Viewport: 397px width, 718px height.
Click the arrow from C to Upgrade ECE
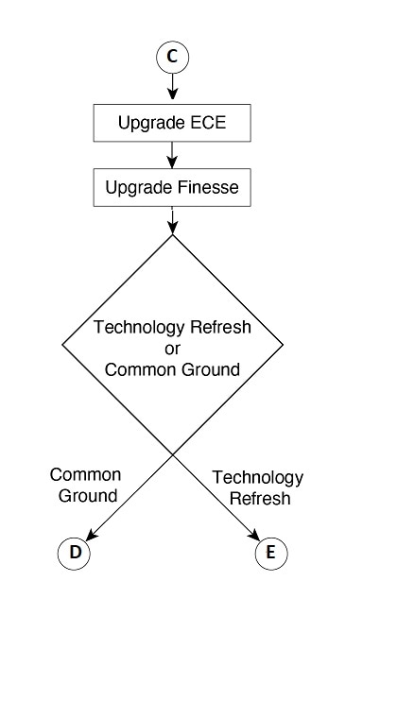(172, 86)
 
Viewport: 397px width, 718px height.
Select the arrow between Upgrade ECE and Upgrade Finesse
(172, 155)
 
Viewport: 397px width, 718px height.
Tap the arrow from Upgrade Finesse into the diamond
(172, 220)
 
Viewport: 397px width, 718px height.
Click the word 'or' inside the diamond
(172, 349)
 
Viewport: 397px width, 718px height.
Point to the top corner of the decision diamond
(172, 235)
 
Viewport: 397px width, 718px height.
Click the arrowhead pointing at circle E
(254, 535)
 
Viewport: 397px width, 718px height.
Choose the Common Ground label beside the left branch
(86, 485)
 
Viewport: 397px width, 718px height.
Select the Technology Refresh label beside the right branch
(258, 487)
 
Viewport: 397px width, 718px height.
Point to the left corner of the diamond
(62, 344)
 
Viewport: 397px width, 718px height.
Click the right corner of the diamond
(283, 344)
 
